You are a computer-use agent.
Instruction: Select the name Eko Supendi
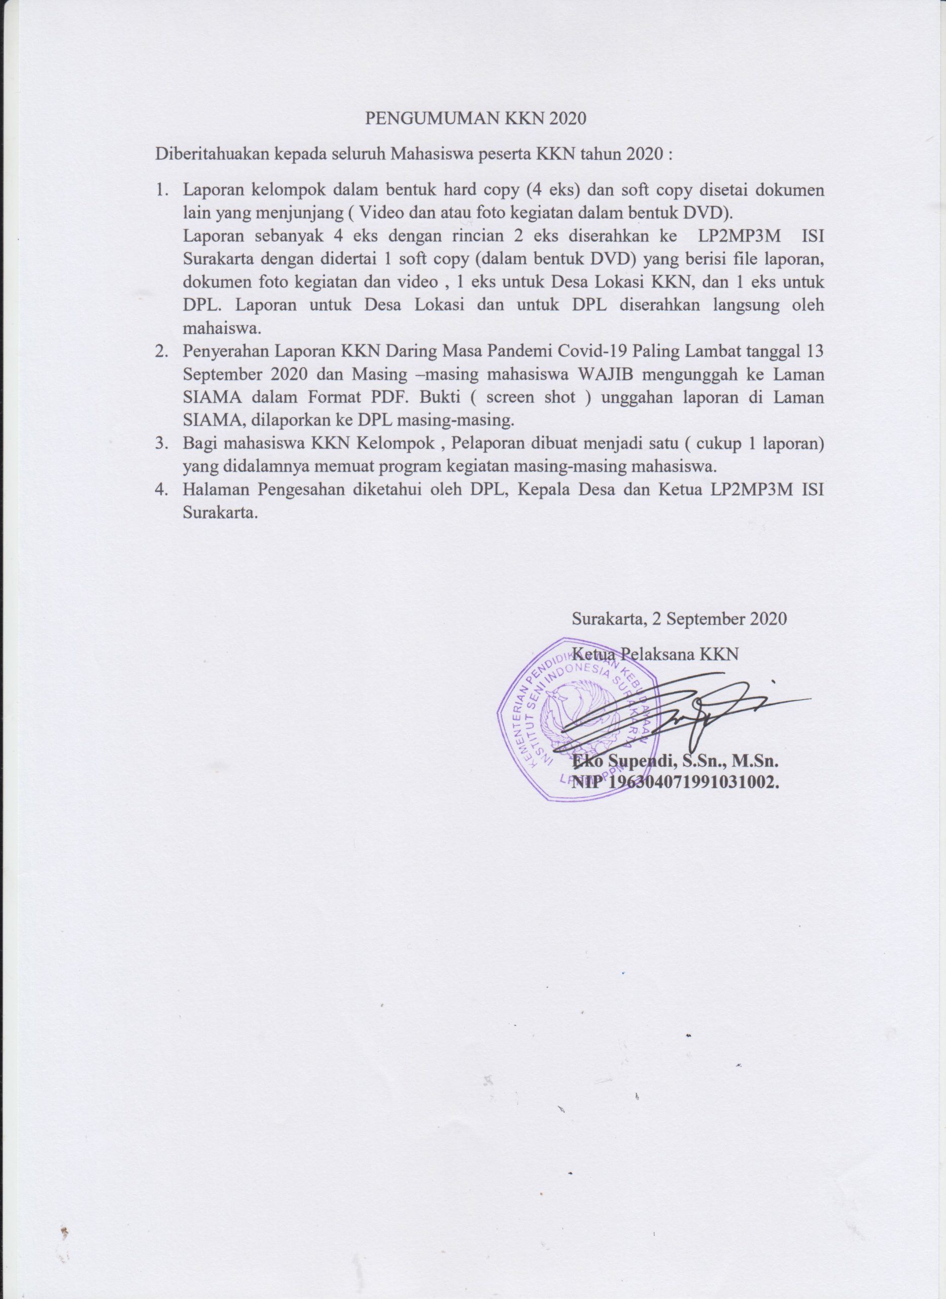(627, 762)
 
